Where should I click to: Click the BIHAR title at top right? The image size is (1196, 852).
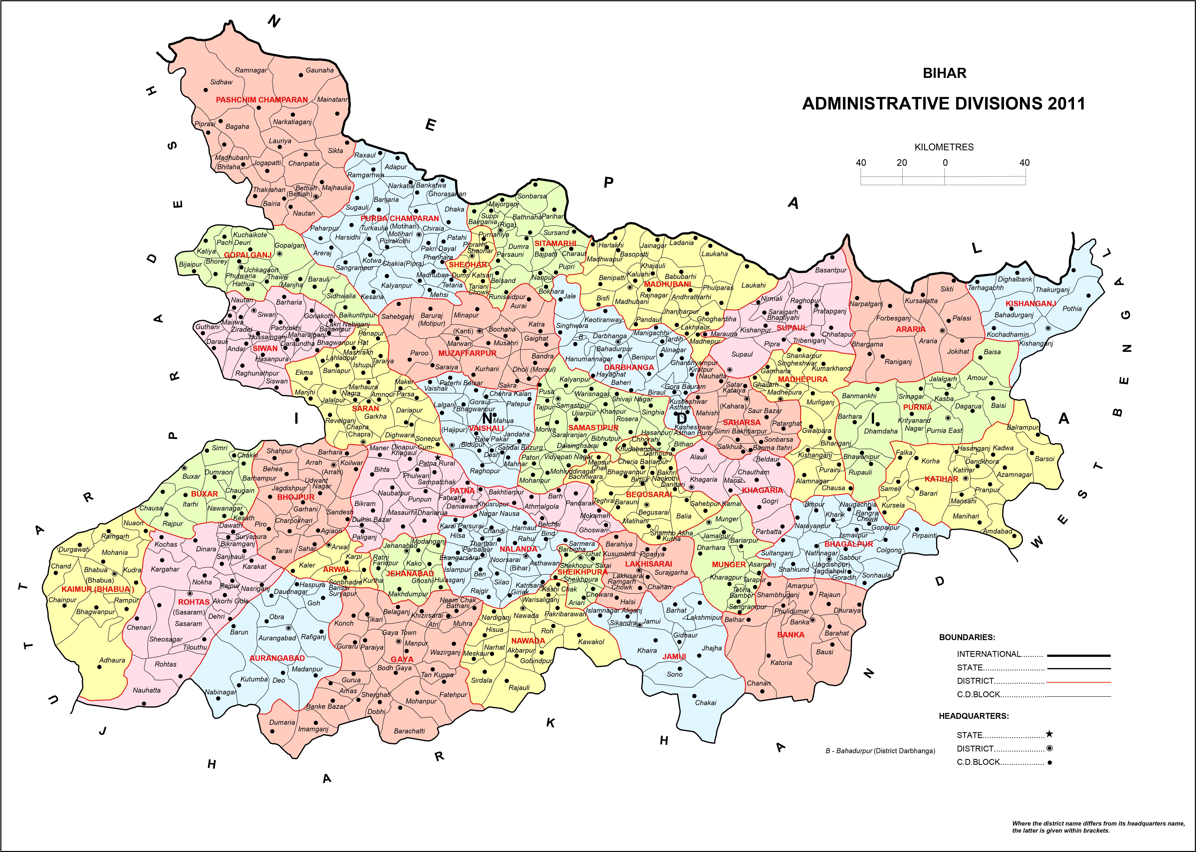point(944,73)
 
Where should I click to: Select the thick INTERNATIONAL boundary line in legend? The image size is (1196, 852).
point(1079,655)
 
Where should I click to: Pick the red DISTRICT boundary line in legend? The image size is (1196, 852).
point(1079,682)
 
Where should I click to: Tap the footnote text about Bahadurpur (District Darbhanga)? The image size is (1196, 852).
point(880,751)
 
